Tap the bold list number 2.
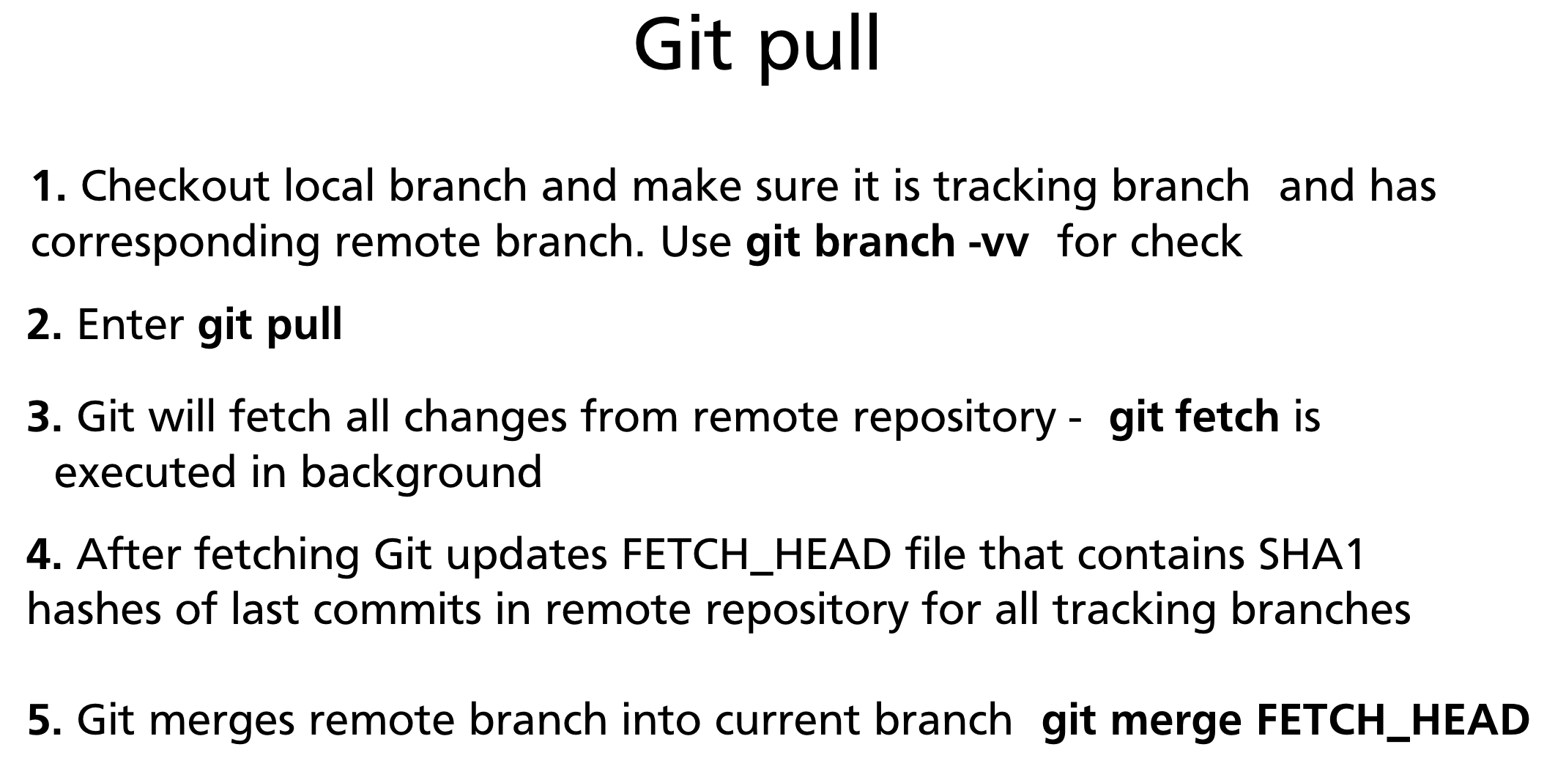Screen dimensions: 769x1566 (44, 324)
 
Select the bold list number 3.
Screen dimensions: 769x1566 (44, 417)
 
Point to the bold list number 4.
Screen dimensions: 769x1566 (44, 554)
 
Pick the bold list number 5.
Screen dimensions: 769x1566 (44, 719)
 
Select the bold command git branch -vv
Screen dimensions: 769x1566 (886, 242)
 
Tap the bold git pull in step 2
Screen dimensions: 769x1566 (270, 324)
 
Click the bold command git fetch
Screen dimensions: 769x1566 (1194, 417)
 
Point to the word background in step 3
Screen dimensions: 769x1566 (421, 472)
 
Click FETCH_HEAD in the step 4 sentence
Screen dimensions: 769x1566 (756, 554)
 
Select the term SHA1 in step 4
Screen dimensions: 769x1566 (1311, 554)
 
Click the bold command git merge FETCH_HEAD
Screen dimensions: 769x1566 (1285, 719)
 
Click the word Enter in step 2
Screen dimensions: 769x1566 (130, 324)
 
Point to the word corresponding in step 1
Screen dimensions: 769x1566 (175, 243)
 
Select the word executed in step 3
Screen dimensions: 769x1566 (145, 472)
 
